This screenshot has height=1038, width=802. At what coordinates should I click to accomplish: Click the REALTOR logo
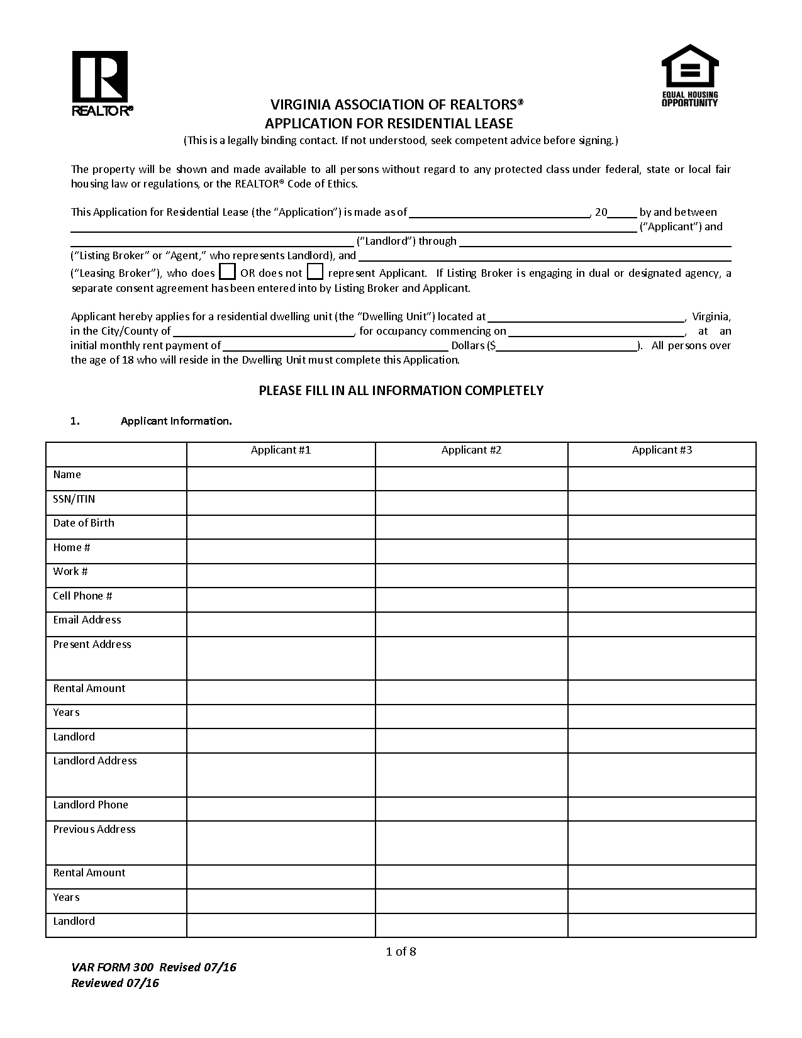point(101,83)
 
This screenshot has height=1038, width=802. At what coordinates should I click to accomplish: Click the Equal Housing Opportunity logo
point(689,75)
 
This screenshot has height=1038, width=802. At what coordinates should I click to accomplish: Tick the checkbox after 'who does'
point(228,272)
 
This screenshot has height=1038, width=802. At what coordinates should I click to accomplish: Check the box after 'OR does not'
point(315,272)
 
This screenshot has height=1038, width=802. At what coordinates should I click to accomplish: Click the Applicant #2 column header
point(471,450)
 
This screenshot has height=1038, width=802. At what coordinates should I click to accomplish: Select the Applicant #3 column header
point(662,450)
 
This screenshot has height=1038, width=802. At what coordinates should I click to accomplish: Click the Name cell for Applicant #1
point(281,478)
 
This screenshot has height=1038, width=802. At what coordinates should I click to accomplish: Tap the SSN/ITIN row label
point(74,499)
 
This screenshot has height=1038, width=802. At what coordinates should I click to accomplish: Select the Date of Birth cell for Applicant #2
point(471,527)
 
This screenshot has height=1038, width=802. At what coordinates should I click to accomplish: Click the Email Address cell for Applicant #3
point(662,624)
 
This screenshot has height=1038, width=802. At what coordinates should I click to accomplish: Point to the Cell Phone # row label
point(82,596)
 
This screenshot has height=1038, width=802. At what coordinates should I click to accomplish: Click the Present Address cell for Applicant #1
point(281,658)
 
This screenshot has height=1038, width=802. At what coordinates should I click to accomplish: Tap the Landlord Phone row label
point(91,805)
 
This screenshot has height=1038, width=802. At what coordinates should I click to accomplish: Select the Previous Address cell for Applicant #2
point(471,842)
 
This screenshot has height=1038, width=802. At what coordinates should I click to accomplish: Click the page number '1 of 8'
point(401,951)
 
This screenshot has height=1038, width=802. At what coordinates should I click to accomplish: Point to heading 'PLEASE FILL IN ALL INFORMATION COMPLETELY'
point(401,391)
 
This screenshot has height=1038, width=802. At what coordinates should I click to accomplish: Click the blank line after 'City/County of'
point(264,331)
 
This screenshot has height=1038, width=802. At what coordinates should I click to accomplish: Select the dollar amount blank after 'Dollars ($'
point(567,345)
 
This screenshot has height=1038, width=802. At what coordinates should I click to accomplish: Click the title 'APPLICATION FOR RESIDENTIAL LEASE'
point(389,123)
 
